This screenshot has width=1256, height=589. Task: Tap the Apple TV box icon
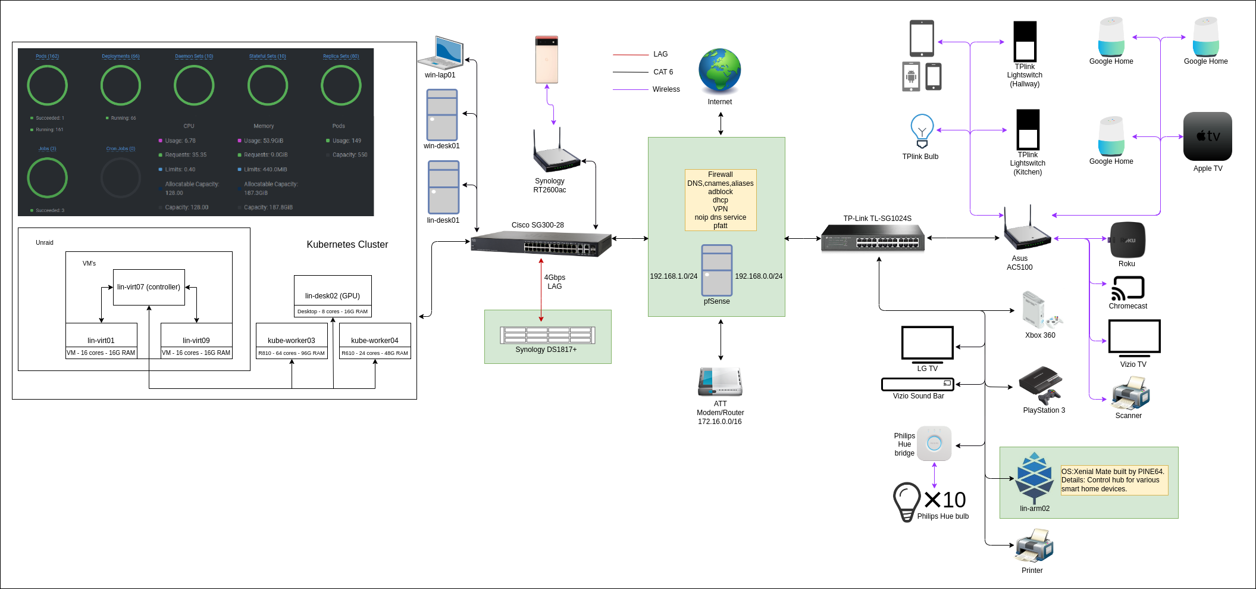coord(1207,136)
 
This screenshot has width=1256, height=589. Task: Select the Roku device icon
coord(1127,240)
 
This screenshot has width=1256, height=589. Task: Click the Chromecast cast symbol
coord(1127,288)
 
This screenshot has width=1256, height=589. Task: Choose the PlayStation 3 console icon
coord(1040,385)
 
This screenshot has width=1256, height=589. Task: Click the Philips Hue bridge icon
coord(934,444)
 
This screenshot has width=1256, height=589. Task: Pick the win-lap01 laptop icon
coord(441,53)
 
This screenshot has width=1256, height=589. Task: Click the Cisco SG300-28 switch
coord(541,244)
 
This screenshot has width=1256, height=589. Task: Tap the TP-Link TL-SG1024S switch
coord(873,238)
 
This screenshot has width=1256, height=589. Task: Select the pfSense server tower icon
coord(717,270)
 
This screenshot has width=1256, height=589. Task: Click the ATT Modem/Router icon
coord(720,382)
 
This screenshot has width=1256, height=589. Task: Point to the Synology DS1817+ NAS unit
coord(547,335)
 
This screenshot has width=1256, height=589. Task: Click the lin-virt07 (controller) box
coord(149,287)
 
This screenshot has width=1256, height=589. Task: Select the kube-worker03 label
coord(292,341)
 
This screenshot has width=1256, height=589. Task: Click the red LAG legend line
coord(631,55)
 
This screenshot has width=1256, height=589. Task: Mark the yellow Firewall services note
coord(721,200)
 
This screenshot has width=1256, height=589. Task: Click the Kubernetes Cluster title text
coord(347,245)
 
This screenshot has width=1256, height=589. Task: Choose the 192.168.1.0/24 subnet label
coord(674,276)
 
